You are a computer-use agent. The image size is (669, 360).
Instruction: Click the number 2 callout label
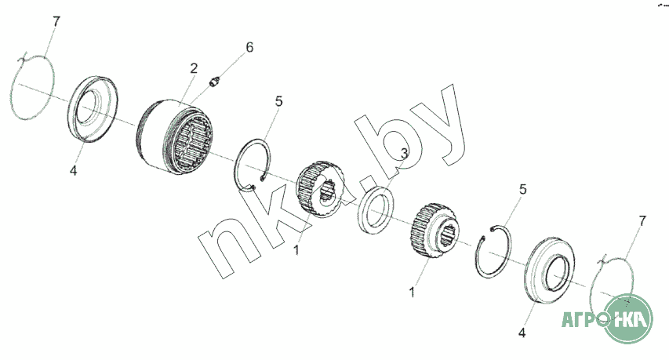click(194, 68)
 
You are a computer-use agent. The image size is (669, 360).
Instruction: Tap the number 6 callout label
click(249, 47)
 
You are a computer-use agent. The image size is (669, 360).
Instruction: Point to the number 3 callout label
click(405, 152)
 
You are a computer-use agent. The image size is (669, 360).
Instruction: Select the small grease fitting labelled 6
click(216, 81)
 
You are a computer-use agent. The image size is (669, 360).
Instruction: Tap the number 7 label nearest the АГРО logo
click(642, 220)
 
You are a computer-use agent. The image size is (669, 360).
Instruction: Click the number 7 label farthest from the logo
click(56, 21)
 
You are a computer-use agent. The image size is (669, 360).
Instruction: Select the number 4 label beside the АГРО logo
click(522, 333)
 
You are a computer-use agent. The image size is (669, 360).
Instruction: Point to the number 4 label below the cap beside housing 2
click(74, 171)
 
